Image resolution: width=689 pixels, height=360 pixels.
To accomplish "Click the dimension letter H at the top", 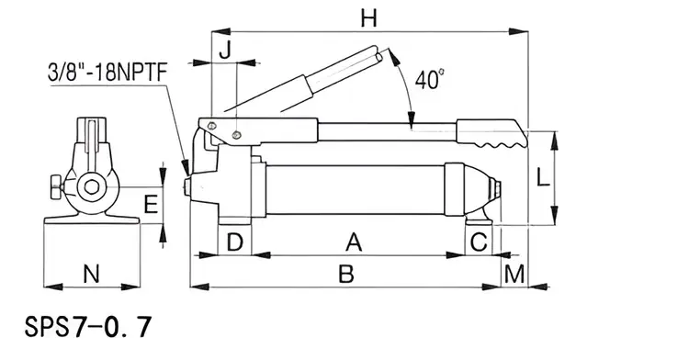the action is tap(368, 19).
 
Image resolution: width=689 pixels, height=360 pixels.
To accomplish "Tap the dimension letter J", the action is tap(225, 51).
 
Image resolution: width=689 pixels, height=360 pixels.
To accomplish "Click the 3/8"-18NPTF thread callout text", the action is tap(107, 73).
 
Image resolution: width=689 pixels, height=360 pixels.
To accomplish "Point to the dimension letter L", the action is tap(543, 178).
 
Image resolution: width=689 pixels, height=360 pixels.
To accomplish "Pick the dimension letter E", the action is tap(152, 205).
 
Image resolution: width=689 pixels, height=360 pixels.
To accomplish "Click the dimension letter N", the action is tap(91, 274).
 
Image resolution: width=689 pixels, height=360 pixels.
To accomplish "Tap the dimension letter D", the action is tap(235, 242).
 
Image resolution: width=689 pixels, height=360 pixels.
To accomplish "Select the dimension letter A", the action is tap(354, 242).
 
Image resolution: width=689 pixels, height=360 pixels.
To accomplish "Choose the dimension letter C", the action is tap(479, 242).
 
